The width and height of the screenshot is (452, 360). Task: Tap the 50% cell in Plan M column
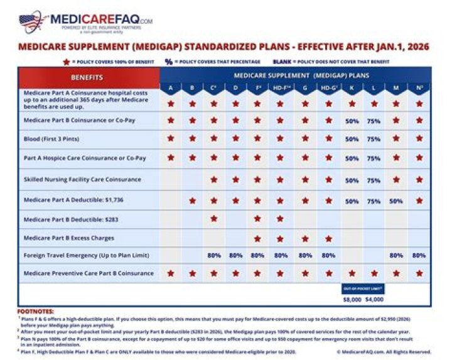[396, 201]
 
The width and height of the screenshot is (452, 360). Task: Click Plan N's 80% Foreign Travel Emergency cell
[419, 256]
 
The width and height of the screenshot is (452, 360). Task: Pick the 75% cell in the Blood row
[374, 139]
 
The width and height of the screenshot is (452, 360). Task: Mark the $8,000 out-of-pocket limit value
[352, 300]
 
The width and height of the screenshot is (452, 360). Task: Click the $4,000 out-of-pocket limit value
[375, 300]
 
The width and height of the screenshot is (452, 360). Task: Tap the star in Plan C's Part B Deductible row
[214, 219]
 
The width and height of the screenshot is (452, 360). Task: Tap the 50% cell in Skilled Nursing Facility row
[352, 180]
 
